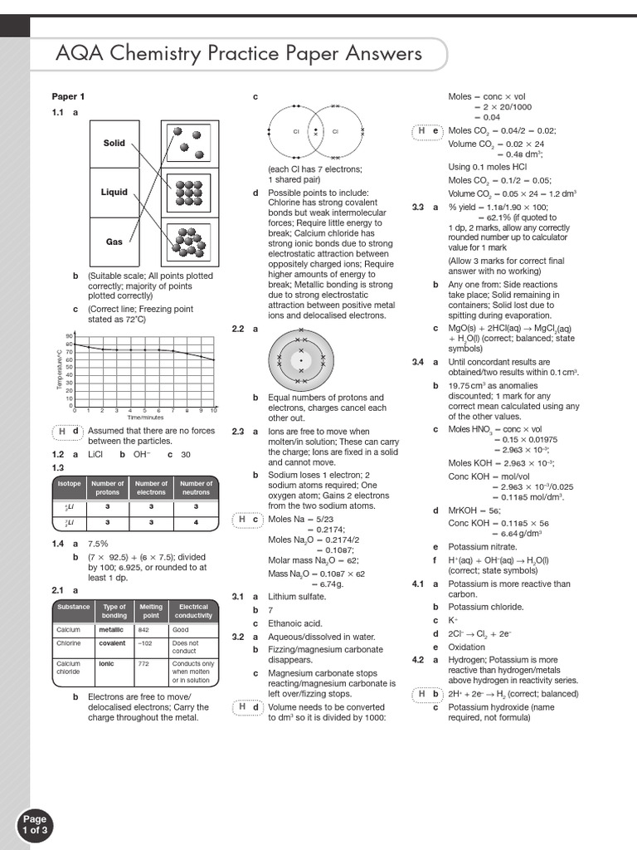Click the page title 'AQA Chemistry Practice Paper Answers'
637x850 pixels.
point(239,55)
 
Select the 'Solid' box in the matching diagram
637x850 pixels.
point(114,144)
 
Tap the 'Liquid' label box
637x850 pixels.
point(114,193)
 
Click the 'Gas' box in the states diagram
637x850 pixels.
point(114,242)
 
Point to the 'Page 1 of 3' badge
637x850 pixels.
point(35,823)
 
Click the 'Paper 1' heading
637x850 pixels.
point(69,96)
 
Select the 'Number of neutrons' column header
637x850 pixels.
point(197,487)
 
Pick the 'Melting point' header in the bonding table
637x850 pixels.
point(151,612)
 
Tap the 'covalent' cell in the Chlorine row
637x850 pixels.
point(113,643)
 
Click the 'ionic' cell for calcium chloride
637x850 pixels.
point(107,664)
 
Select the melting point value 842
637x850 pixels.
point(143,630)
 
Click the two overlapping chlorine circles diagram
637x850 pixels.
point(314,131)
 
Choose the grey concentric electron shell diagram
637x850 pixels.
point(301,360)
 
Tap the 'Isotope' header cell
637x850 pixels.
point(69,487)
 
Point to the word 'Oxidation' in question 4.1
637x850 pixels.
point(467,647)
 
